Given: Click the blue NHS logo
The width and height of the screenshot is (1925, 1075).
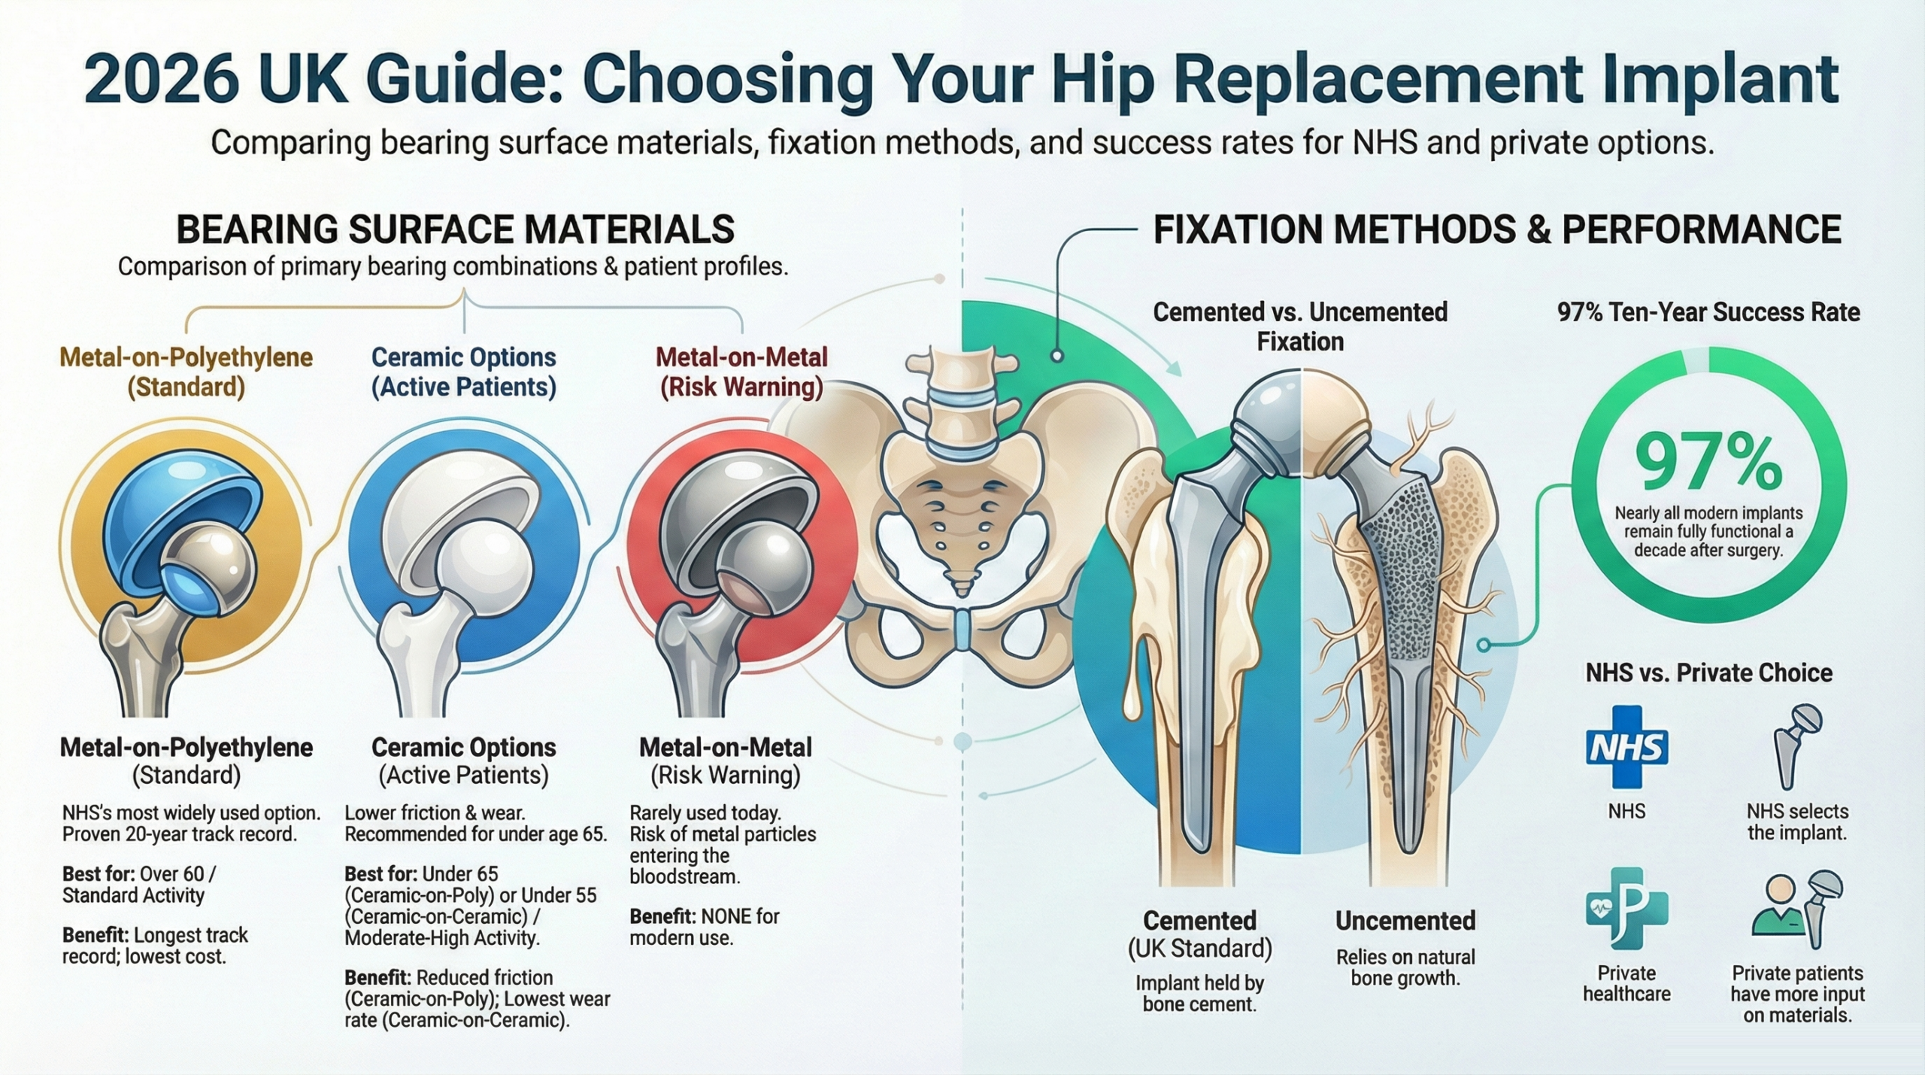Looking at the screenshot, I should pos(1626,747).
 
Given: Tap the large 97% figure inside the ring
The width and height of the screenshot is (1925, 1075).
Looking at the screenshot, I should pos(1708,462).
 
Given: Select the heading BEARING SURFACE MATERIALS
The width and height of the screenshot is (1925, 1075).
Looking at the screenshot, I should pos(455,229).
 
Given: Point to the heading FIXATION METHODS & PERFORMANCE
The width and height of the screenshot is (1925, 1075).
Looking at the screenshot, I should pos(1496,229).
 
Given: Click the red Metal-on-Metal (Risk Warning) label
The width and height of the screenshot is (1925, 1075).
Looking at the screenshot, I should pos(741,372).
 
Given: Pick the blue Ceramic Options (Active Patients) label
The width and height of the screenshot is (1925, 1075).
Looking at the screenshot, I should pos(464,372).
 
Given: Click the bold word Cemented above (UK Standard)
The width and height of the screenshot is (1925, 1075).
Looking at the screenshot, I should pos(1199,920).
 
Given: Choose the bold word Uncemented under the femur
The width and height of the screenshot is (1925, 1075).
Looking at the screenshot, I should pos(1405,920).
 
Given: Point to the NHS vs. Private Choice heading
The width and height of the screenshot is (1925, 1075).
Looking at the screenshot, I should pos(1708,673).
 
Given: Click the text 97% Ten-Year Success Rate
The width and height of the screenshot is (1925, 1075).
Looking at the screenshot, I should pos(1708,312).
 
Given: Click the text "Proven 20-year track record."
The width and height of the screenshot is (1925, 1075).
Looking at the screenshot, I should pos(180,834).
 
